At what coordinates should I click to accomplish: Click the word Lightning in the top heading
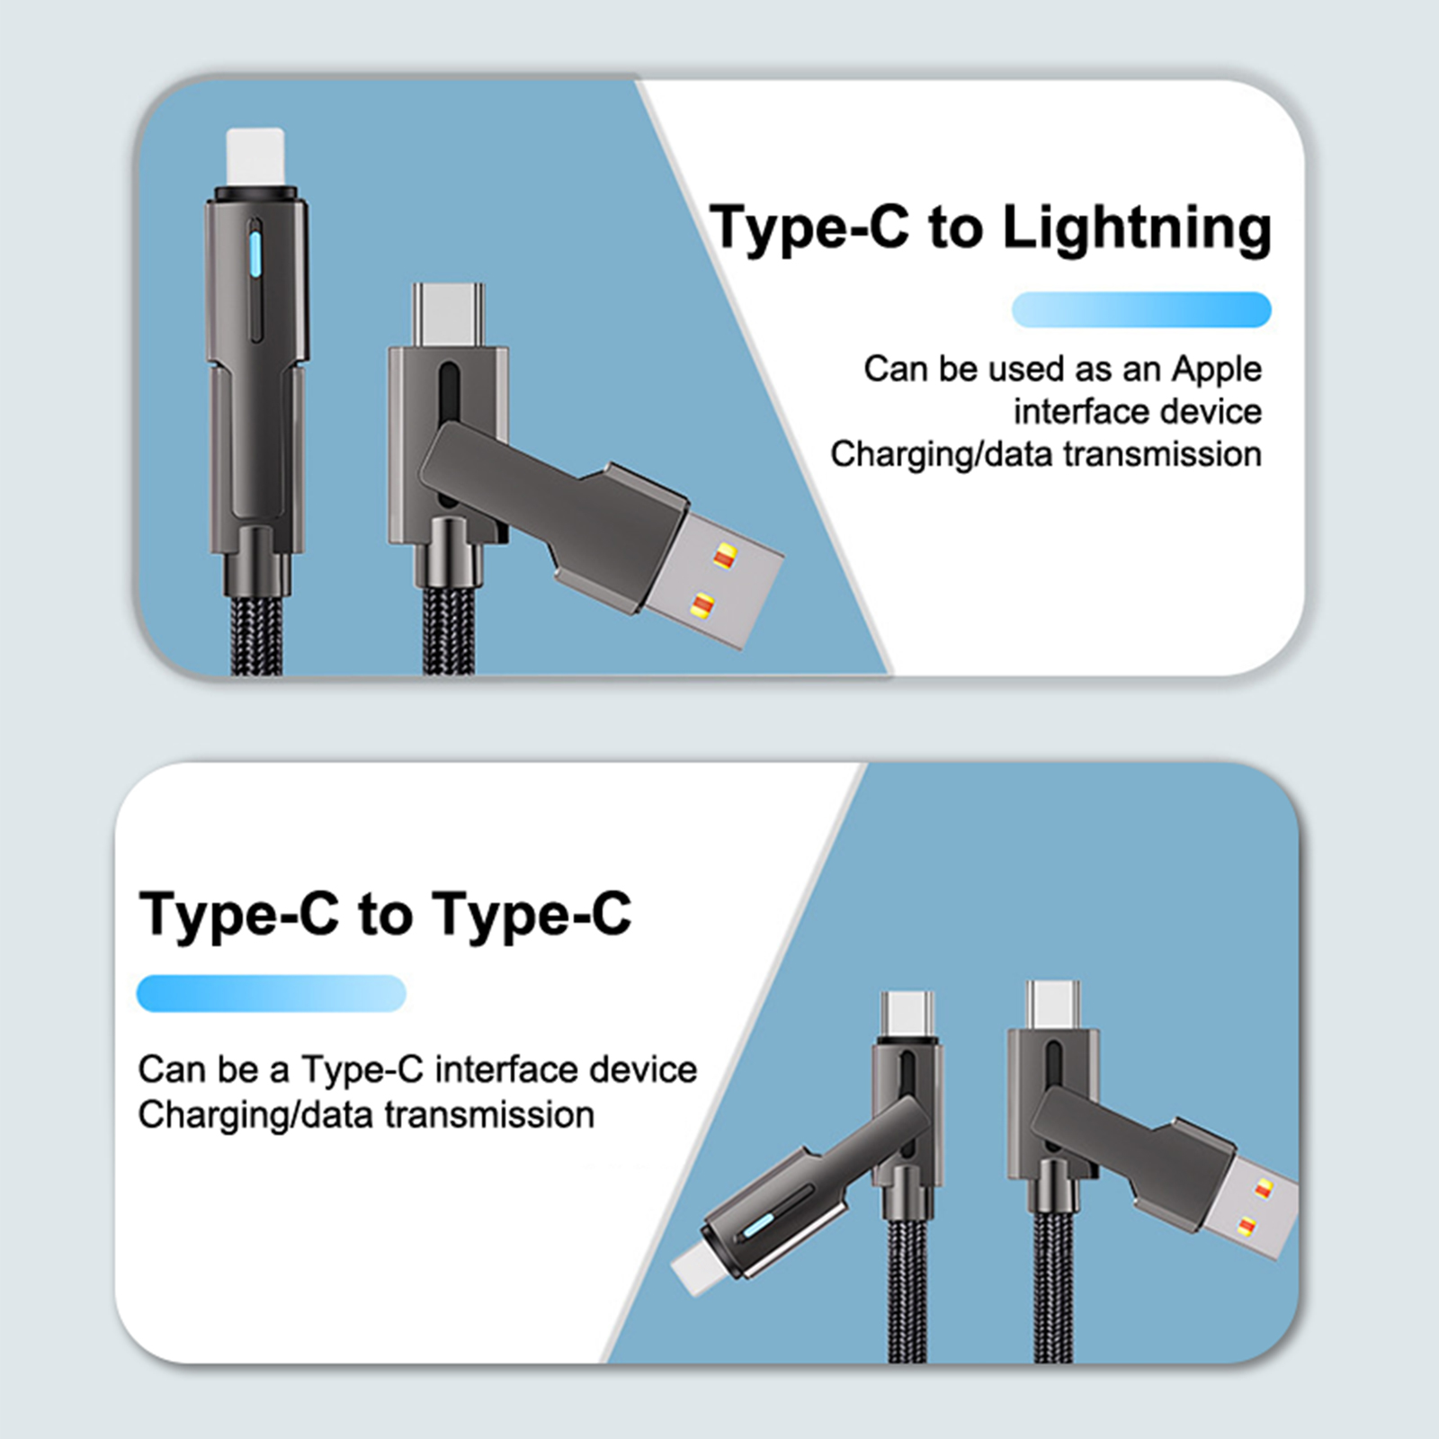click(x=1137, y=229)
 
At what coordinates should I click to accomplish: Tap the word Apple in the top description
click(x=1217, y=369)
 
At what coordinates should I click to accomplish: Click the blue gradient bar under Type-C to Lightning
click(x=1141, y=309)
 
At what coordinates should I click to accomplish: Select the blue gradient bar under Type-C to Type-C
click(x=271, y=993)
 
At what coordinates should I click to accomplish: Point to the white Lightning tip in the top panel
click(x=255, y=158)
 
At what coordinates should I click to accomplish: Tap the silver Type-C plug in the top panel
click(x=448, y=315)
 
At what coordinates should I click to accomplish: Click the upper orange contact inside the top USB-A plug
click(x=723, y=556)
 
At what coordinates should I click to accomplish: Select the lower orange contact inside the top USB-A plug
click(x=702, y=604)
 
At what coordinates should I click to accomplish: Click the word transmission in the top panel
click(x=1163, y=454)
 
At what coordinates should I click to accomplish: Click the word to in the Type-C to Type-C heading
click(x=385, y=915)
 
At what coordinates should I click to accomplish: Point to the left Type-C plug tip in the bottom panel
click(x=907, y=1014)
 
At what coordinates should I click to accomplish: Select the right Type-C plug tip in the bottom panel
click(x=1053, y=1005)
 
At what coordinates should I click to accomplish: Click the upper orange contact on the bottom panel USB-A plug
click(x=1264, y=1189)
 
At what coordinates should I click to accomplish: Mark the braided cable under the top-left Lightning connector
click(x=256, y=634)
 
